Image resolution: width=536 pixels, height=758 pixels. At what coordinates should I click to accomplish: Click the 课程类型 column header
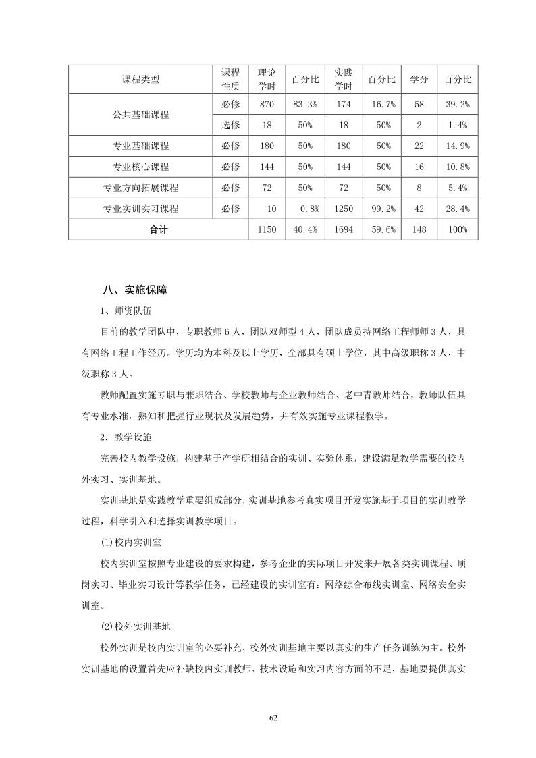(141, 80)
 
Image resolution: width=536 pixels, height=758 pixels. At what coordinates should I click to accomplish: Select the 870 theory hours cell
(267, 104)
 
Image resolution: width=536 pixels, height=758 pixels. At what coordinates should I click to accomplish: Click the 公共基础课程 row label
(141, 115)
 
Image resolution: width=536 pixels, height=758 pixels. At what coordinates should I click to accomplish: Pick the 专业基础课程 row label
(141, 146)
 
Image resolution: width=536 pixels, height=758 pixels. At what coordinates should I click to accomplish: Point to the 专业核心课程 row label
(141, 167)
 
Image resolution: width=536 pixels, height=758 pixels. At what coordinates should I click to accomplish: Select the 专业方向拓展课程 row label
(141, 188)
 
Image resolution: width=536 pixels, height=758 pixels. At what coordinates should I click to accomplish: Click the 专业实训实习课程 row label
(141, 209)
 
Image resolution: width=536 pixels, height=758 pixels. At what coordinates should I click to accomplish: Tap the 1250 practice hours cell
(344, 209)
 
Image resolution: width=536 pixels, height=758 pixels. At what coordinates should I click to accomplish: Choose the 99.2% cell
(381, 209)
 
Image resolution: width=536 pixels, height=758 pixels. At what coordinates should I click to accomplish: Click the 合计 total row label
(159, 229)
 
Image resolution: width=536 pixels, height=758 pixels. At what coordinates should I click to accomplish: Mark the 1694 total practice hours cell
(344, 229)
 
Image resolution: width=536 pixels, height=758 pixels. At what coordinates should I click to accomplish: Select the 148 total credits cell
(419, 229)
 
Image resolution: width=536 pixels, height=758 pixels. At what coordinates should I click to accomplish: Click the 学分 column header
(419, 80)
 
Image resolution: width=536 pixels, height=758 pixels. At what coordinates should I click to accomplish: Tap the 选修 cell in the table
(231, 125)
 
